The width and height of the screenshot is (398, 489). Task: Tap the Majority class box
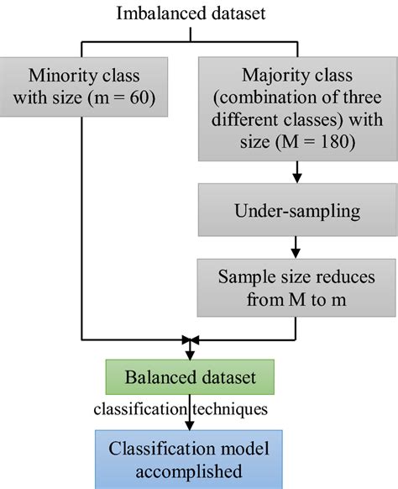point(296,108)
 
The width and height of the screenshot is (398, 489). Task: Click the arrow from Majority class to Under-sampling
point(296,172)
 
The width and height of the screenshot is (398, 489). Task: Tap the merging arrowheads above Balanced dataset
point(191,339)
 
